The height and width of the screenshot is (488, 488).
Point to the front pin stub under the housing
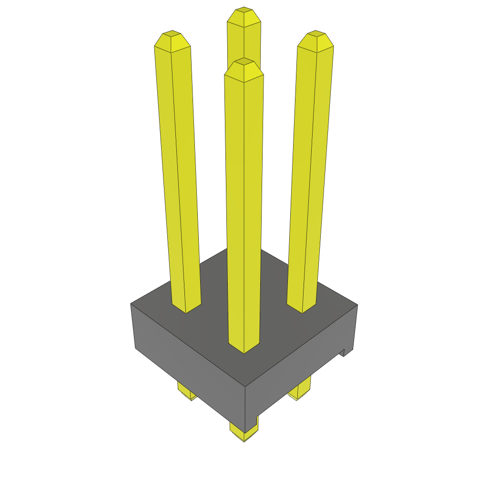244,431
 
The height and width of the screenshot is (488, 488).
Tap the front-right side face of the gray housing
295,367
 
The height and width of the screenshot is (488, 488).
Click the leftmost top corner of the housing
131,304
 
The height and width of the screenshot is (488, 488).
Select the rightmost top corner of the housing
357,305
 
